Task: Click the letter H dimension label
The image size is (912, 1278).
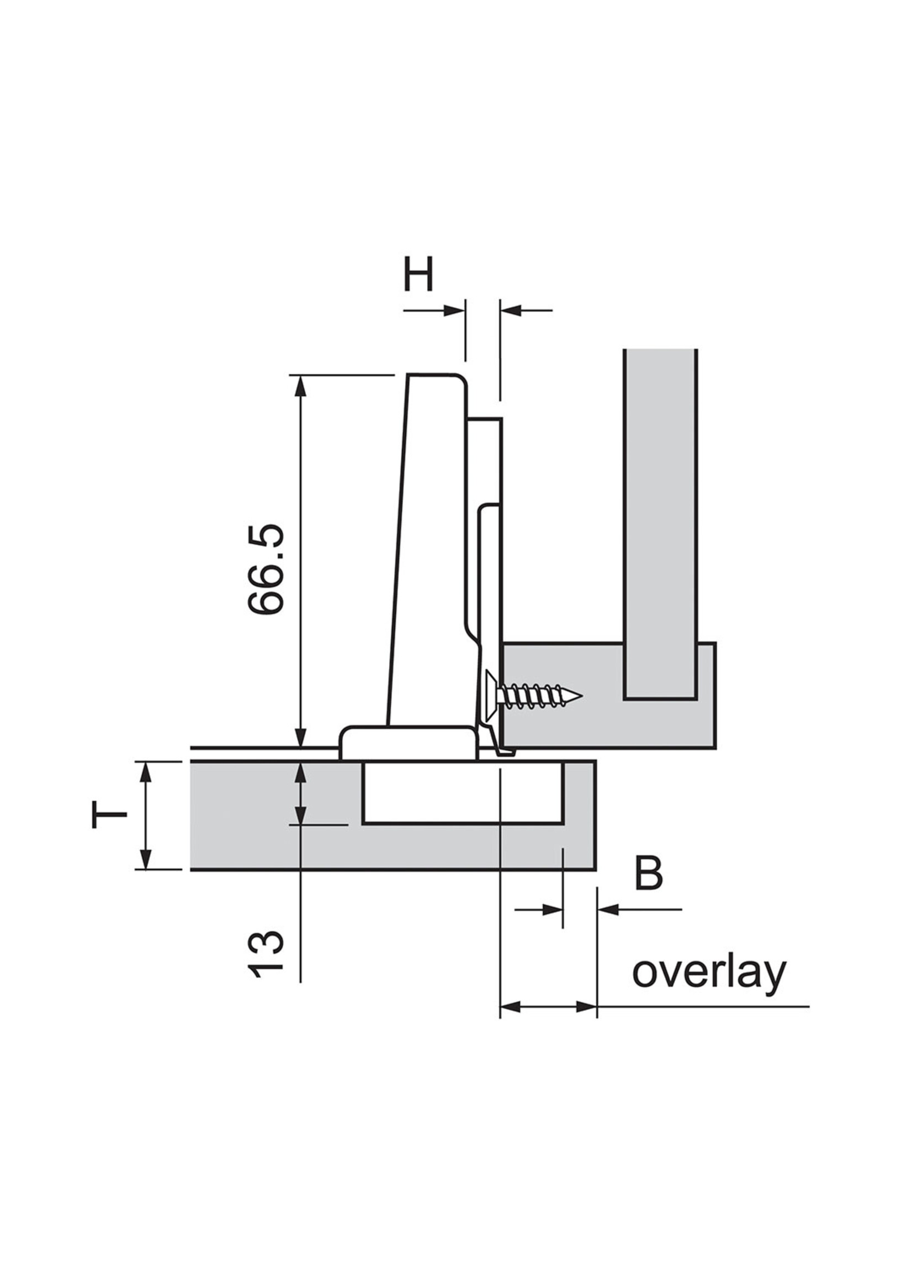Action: pyautogui.click(x=418, y=274)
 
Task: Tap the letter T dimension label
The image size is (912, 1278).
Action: pyautogui.click(x=109, y=815)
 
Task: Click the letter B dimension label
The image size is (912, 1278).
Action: pyautogui.click(x=649, y=874)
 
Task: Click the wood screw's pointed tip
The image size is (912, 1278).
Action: pyautogui.click(x=580, y=697)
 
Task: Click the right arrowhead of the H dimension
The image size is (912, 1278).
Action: pyautogui.click(x=510, y=310)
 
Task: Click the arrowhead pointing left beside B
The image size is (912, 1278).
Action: pyautogui.click(x=607, y=910)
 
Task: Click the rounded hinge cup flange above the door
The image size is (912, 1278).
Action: pyautogui.click(x=407, y=743)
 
